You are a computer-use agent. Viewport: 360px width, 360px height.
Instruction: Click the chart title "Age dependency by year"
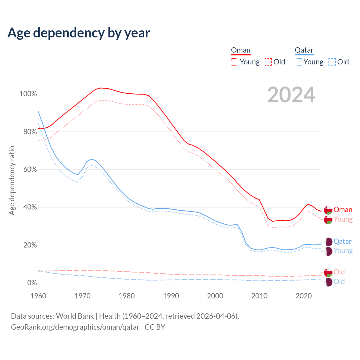click(79, 33)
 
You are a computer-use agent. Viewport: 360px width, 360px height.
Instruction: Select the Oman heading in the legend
click(240, 50)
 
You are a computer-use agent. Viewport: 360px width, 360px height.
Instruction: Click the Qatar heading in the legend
click(304, 50)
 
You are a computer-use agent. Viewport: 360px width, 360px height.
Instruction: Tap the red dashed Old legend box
click(268, 62)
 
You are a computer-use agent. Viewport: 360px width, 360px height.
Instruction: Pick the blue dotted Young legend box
click(298, 62)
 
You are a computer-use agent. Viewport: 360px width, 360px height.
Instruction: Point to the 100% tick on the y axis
click(28, 94)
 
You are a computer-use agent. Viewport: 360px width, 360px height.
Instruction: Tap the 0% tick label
click(32, 283)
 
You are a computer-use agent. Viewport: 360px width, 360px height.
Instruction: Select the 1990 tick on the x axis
click(171, 296)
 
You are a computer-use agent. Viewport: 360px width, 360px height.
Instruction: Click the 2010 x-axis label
click(259, 296)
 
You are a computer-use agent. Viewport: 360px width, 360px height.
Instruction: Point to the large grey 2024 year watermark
click(291, 95)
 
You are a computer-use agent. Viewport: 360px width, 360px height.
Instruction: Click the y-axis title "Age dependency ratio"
click(12, 180)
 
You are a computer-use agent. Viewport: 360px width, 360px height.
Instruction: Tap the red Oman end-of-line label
click(343, 210)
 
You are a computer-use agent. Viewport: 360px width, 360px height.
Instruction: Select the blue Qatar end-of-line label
click(343, 242)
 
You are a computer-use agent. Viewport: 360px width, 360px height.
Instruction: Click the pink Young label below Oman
click(343, 219)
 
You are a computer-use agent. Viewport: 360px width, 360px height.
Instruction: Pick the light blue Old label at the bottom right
click(339, 282)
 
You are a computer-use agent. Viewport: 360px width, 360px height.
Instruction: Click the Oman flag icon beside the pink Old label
click(328, 272)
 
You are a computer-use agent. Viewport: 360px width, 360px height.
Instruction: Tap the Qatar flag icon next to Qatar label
click(328, 242)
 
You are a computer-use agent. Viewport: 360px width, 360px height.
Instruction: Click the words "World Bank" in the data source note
click(75, 316)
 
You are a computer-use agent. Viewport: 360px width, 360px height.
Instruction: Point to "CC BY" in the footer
click(155, 327)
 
